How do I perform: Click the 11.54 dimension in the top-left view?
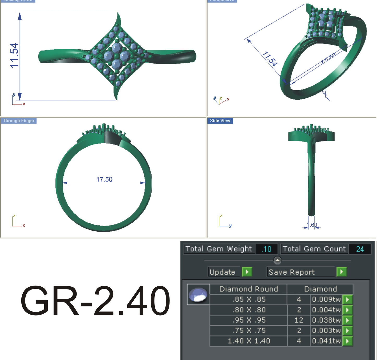(x=14, y=55)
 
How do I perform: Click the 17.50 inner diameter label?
(x=104, y=179)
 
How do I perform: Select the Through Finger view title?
(x=19, y=121)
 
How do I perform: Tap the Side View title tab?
(x=220, y=121)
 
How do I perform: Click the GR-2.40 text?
(x=95, y=300)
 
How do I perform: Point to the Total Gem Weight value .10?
(x=266, y=249)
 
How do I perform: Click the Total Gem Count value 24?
(x=360, y=249)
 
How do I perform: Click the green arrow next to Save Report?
(x=341, y=272)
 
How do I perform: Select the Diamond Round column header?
(x=248, y=289)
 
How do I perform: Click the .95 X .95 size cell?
(x=249, y=320)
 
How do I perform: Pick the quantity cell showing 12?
(x=299, y=320)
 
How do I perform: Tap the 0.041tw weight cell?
(x=326, y=341)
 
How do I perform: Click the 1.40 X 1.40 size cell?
(x=249, y=341)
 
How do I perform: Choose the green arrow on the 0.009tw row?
(x=347, y=299)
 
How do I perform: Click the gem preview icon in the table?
(x=198, y=294)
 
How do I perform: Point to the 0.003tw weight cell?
(x=326, y=331)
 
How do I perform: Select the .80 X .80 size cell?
(x=249, y=310)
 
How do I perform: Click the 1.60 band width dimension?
(x=312, y=225)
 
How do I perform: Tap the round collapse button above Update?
(x=277, y=260)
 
